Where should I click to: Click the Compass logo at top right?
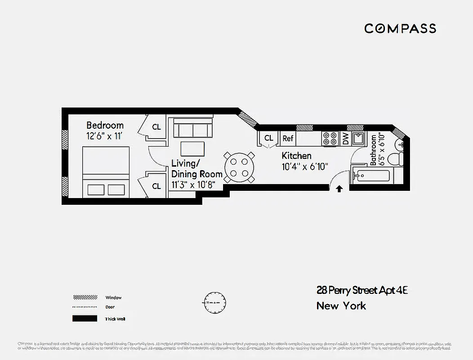(x=400, y=28)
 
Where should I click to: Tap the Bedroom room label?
(x=105, y=125)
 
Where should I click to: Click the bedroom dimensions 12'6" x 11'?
(x=105, y=135)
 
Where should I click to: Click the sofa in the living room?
(x=193, y=128)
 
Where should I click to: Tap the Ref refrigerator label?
(x=288, y=139)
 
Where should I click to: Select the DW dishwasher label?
(x=345, y=139)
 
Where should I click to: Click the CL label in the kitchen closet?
(x=268, y=138)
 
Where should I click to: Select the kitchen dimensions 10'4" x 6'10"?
(x=305, y=166)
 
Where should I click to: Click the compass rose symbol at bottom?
(x=215, y=302)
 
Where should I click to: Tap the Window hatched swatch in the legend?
(x=85, y=297)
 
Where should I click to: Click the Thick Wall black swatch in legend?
(x=85, y=319)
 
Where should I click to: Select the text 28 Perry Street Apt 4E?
(x=362, y=290)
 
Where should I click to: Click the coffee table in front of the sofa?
(x=192, y=148)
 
